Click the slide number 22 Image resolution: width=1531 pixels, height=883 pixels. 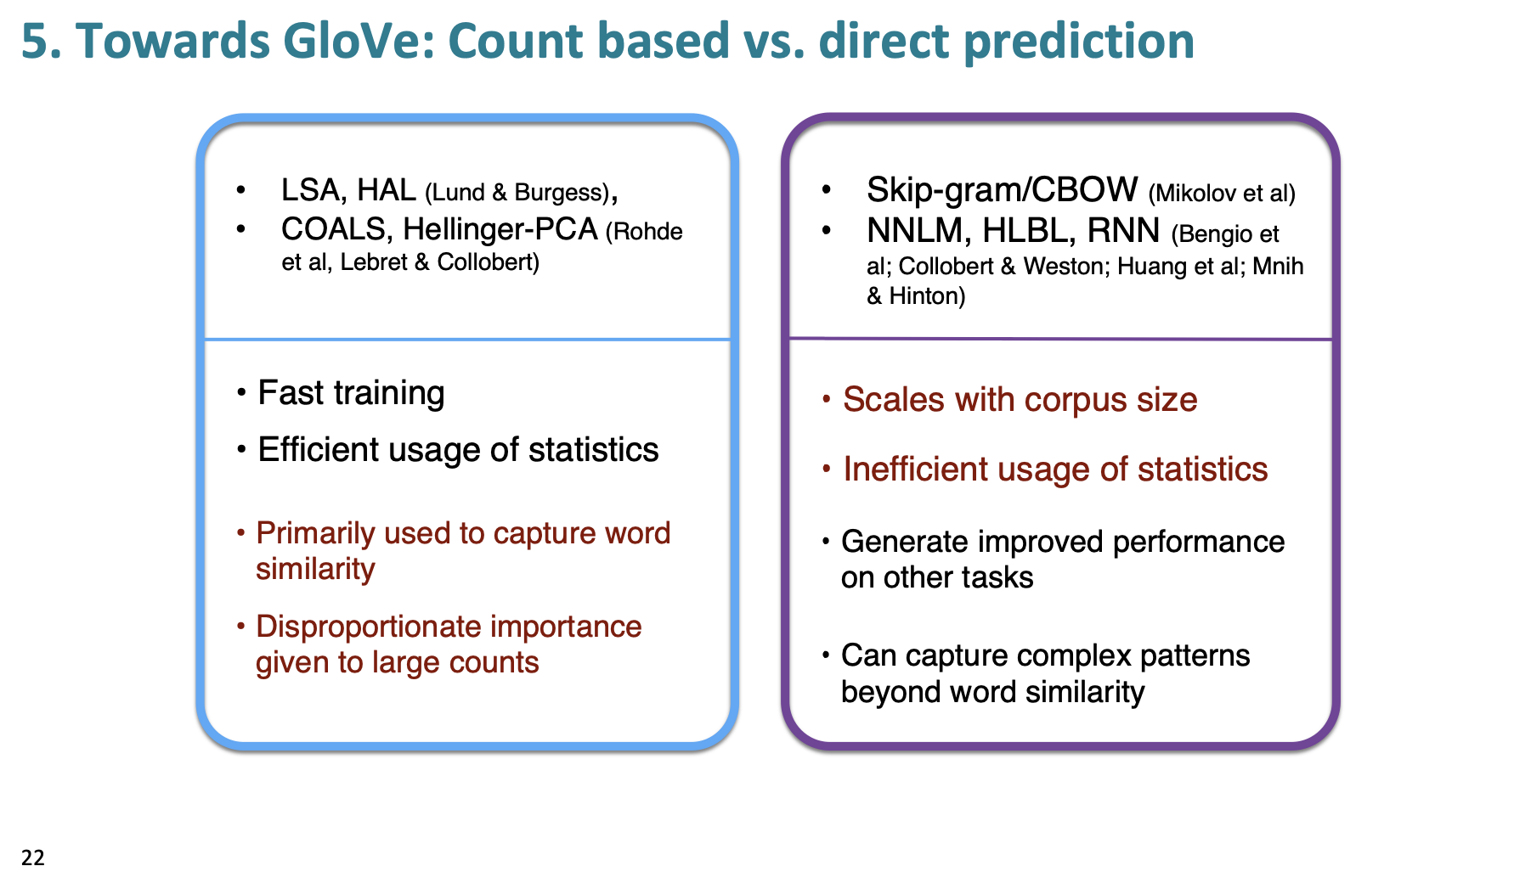33,858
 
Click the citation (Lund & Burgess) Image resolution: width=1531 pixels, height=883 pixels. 517,193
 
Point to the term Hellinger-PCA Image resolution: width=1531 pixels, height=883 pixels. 500,229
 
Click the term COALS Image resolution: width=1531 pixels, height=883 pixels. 334,229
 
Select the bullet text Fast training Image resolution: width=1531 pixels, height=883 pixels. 351,393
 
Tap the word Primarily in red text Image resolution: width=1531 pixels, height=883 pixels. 315,533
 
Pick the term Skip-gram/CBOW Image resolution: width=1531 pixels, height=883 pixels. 1002,190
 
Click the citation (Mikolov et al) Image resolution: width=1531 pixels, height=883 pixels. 1222,194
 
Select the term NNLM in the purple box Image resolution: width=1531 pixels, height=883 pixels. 914,231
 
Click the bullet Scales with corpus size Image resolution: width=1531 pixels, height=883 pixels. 1020,400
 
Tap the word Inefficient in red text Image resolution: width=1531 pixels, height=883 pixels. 915,470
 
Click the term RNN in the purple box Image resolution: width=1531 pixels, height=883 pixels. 1123,231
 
